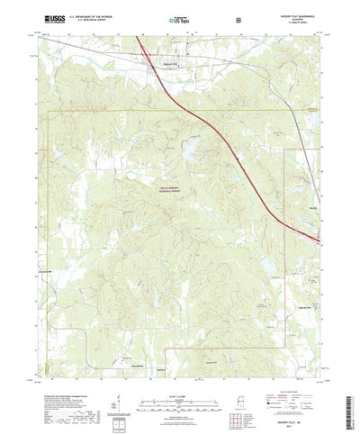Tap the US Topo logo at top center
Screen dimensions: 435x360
pyautogui.click(x=179, y=18)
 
